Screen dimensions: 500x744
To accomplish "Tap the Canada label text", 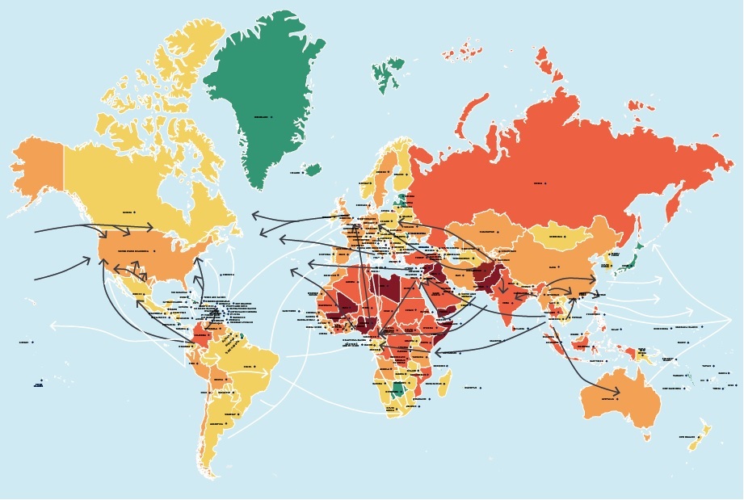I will tap(127, 212).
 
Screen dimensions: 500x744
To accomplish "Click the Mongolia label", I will tap(556, 237).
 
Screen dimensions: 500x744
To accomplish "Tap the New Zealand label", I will tap(687, 437).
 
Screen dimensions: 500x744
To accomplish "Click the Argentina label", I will tap(216, 423).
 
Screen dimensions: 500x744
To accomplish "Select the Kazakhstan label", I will tap(486, 232).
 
